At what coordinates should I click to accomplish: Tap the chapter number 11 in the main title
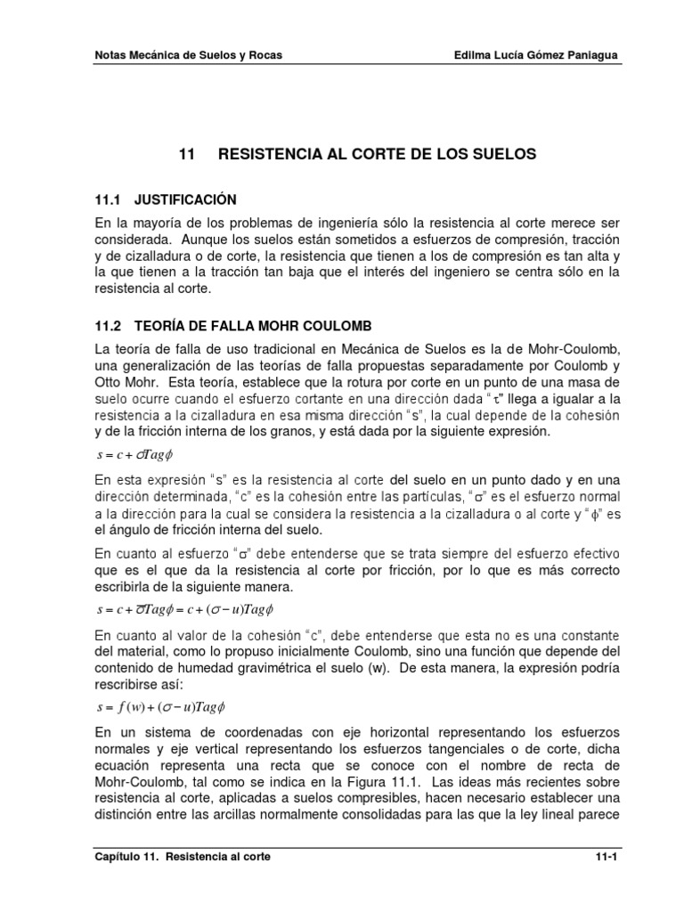pos(186,154)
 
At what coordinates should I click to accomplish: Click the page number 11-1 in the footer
pos(606,857)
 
